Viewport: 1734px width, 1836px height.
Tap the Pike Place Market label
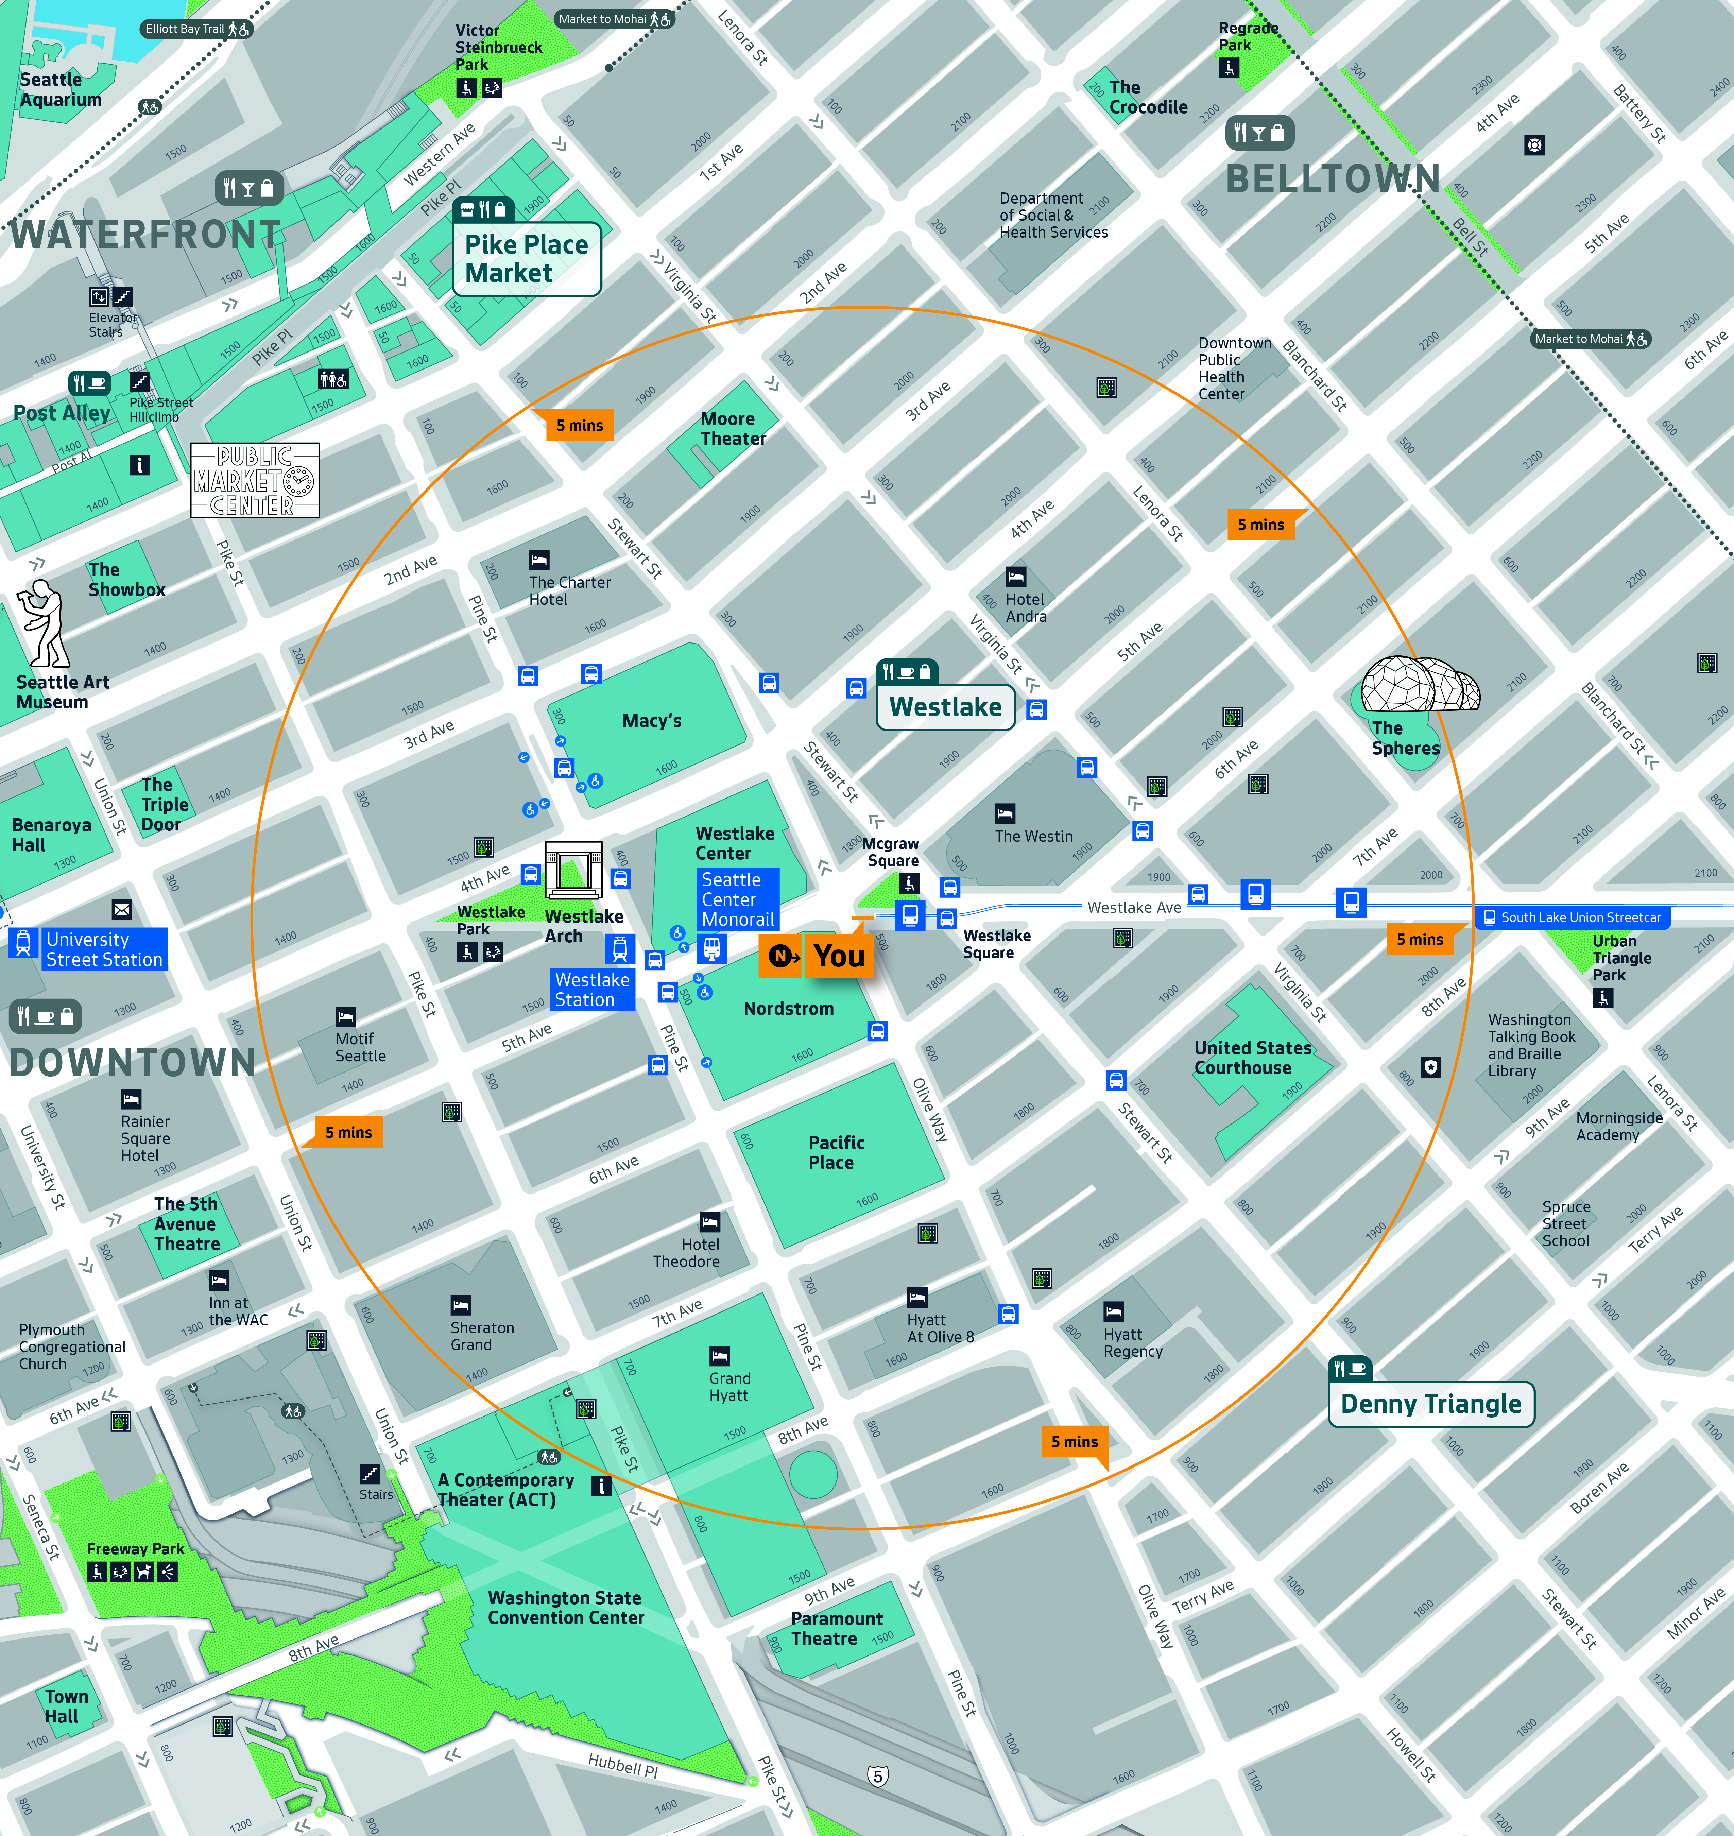coord(526,259)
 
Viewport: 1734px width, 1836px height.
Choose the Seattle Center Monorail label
coord(738,899)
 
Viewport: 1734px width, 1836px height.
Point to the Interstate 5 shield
coord(878,1776)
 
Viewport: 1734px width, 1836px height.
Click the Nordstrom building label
coord(788,1009)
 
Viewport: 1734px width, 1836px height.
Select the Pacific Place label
coord(836,1152)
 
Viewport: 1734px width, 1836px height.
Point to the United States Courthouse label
coord(1252,1058)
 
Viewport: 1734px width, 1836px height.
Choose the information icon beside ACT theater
coord(601,1486)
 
